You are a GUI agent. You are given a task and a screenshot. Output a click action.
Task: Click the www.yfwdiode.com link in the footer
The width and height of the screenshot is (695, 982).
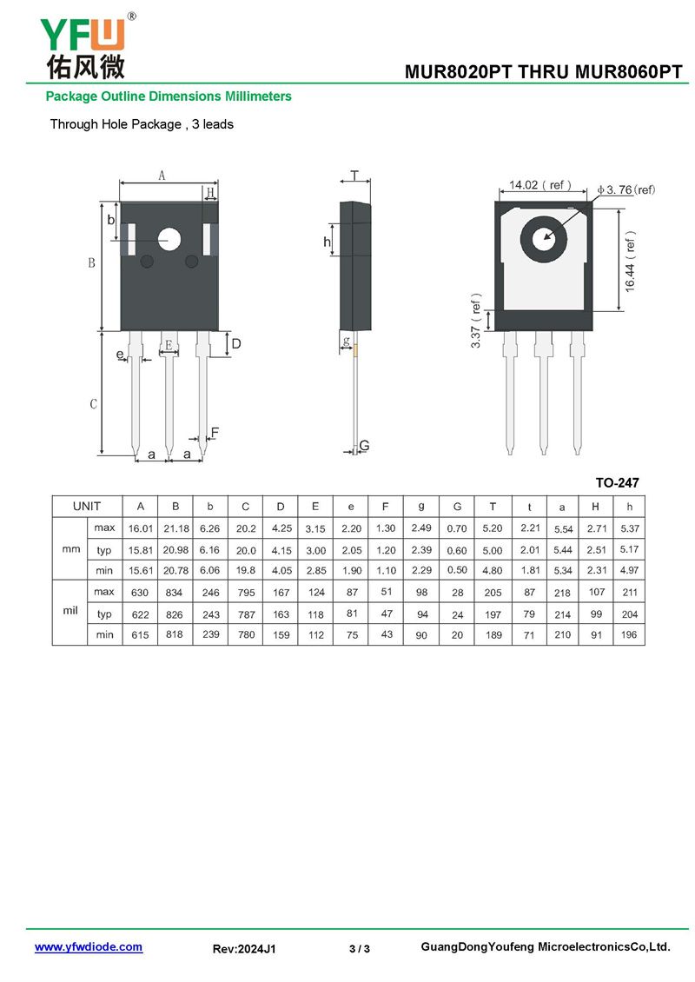coord(88,947)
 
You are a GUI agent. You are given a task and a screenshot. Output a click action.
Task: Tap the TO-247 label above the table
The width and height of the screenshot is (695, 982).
coord(617,482)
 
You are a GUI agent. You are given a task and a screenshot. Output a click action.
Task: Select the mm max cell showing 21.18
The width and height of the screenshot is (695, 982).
coord(175,528)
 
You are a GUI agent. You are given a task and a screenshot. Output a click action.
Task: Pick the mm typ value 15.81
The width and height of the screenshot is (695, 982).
coord(140,550)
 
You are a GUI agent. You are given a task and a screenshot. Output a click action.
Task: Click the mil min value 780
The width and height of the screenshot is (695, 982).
coord(246,634)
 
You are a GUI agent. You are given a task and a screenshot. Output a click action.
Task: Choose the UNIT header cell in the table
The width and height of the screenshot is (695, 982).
coord(87,506)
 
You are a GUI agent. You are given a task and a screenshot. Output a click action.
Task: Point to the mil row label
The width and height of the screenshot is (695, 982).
coord(70,612)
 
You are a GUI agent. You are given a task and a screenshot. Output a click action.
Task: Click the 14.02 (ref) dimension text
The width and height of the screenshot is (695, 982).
coord(539,185)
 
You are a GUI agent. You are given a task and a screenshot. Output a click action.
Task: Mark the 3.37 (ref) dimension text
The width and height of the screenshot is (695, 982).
coord(476,321)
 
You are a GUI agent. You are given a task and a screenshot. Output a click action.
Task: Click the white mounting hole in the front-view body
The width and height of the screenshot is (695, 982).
coord(169,238)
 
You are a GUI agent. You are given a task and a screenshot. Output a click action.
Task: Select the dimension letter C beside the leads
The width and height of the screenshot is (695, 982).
coord(94,404)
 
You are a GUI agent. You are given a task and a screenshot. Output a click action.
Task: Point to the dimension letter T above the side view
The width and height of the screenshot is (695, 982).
coord(354,175)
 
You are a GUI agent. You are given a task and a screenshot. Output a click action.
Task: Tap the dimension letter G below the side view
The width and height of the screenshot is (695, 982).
coord(365,446)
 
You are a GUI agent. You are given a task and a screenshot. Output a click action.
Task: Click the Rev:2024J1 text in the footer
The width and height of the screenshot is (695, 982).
coord(244,949)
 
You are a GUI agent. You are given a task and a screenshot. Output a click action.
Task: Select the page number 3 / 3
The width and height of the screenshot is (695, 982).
coord(360,949)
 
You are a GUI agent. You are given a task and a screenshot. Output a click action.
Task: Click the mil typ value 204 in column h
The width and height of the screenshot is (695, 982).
coord(630,614)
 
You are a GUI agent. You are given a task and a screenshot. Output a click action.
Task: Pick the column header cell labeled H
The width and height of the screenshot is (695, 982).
coord(595,506)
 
